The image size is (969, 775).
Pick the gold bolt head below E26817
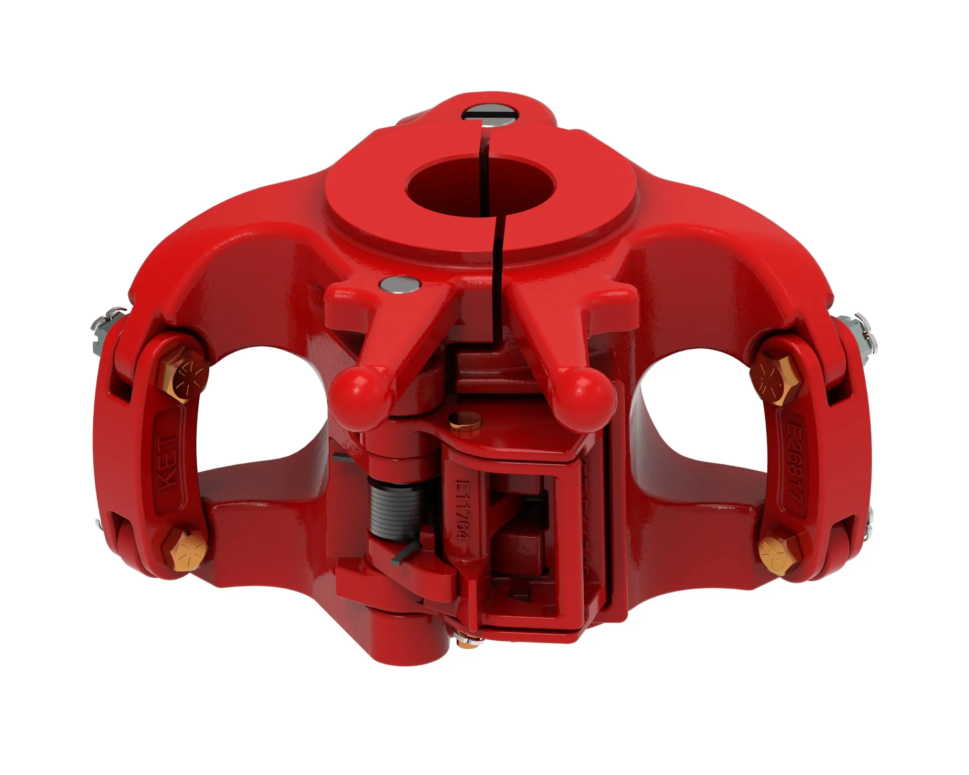point(777,555)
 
